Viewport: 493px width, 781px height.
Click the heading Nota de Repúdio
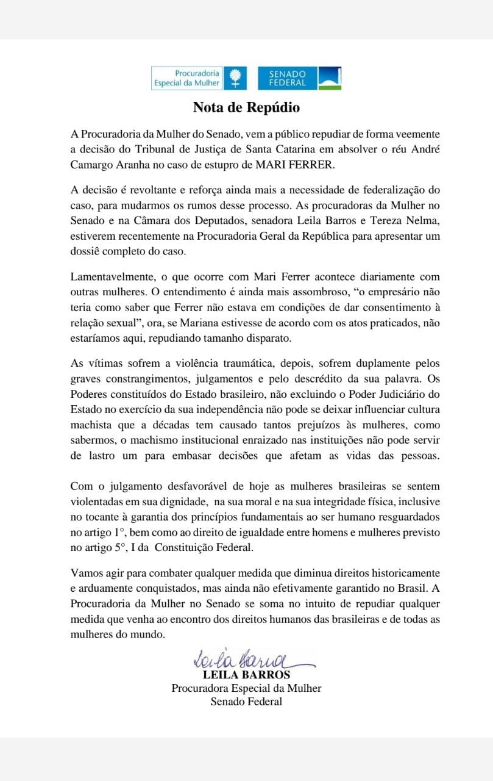pyautogui.click(x=246, y=108)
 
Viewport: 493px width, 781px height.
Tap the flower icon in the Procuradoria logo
pyautogui.click(x=235, y=78)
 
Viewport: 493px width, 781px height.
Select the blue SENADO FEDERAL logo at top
pyautogui.click(x=299, y=78)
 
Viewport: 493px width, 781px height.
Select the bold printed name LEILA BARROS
pyautogui.click(x=246, y=675)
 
